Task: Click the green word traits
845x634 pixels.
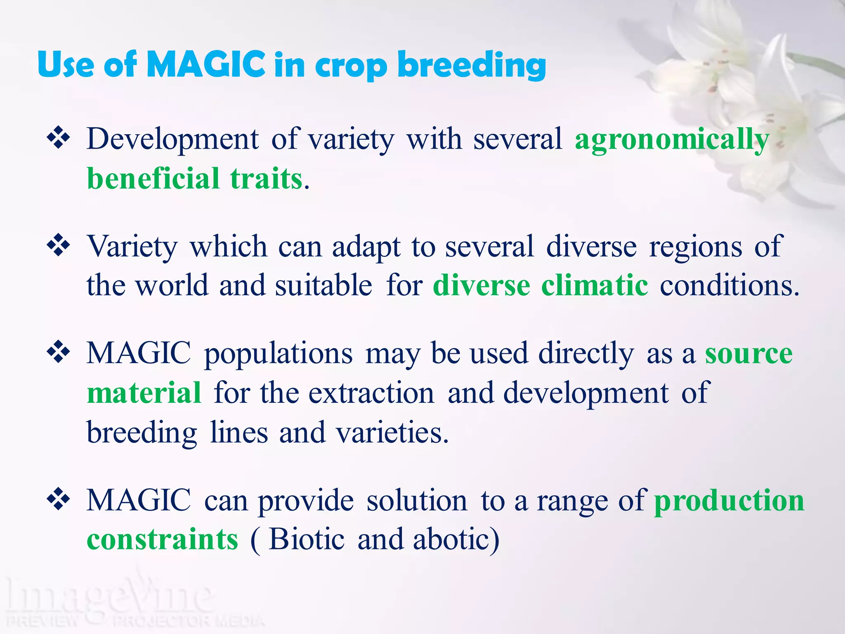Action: pyautogui.click(x=267, y=178)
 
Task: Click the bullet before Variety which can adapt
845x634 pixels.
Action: pyautogui.click(x=58, y=246)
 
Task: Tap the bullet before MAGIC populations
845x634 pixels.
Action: pyautogui.click(x=58, y=352)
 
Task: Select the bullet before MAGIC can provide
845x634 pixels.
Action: pyautogui.click(x=58, y=499)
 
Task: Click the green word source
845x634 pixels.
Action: pyautogui.click(x=748, y=354)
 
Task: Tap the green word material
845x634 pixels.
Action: pyautogui.click(x=144, y=393)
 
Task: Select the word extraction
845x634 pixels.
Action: pyautogui.click(x=371, y=393)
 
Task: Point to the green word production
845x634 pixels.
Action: pyautogui.click(x=729, y=501)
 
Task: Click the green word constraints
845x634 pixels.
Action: pyautogui.click(x=163, y=539)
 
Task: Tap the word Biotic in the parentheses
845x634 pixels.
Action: pyautogui.click(x=307, y=539)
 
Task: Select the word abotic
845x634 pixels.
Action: pyautogui.click(x=456, y=539)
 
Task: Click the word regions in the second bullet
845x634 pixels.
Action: pyautogui.click(x=695, y=246)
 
